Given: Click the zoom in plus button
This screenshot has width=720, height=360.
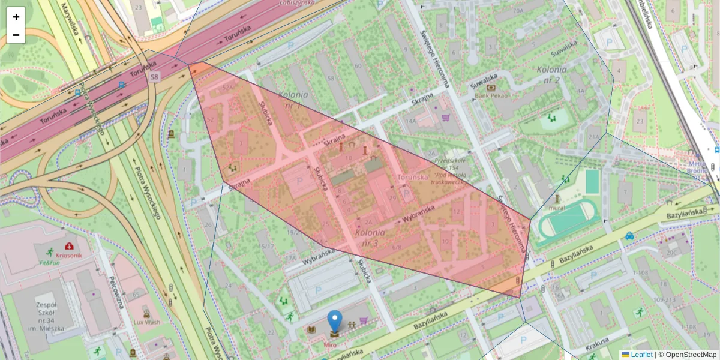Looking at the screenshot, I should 16,17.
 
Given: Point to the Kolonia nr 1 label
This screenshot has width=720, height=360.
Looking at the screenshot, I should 293,100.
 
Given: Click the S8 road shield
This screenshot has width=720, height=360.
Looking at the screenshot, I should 155,76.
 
